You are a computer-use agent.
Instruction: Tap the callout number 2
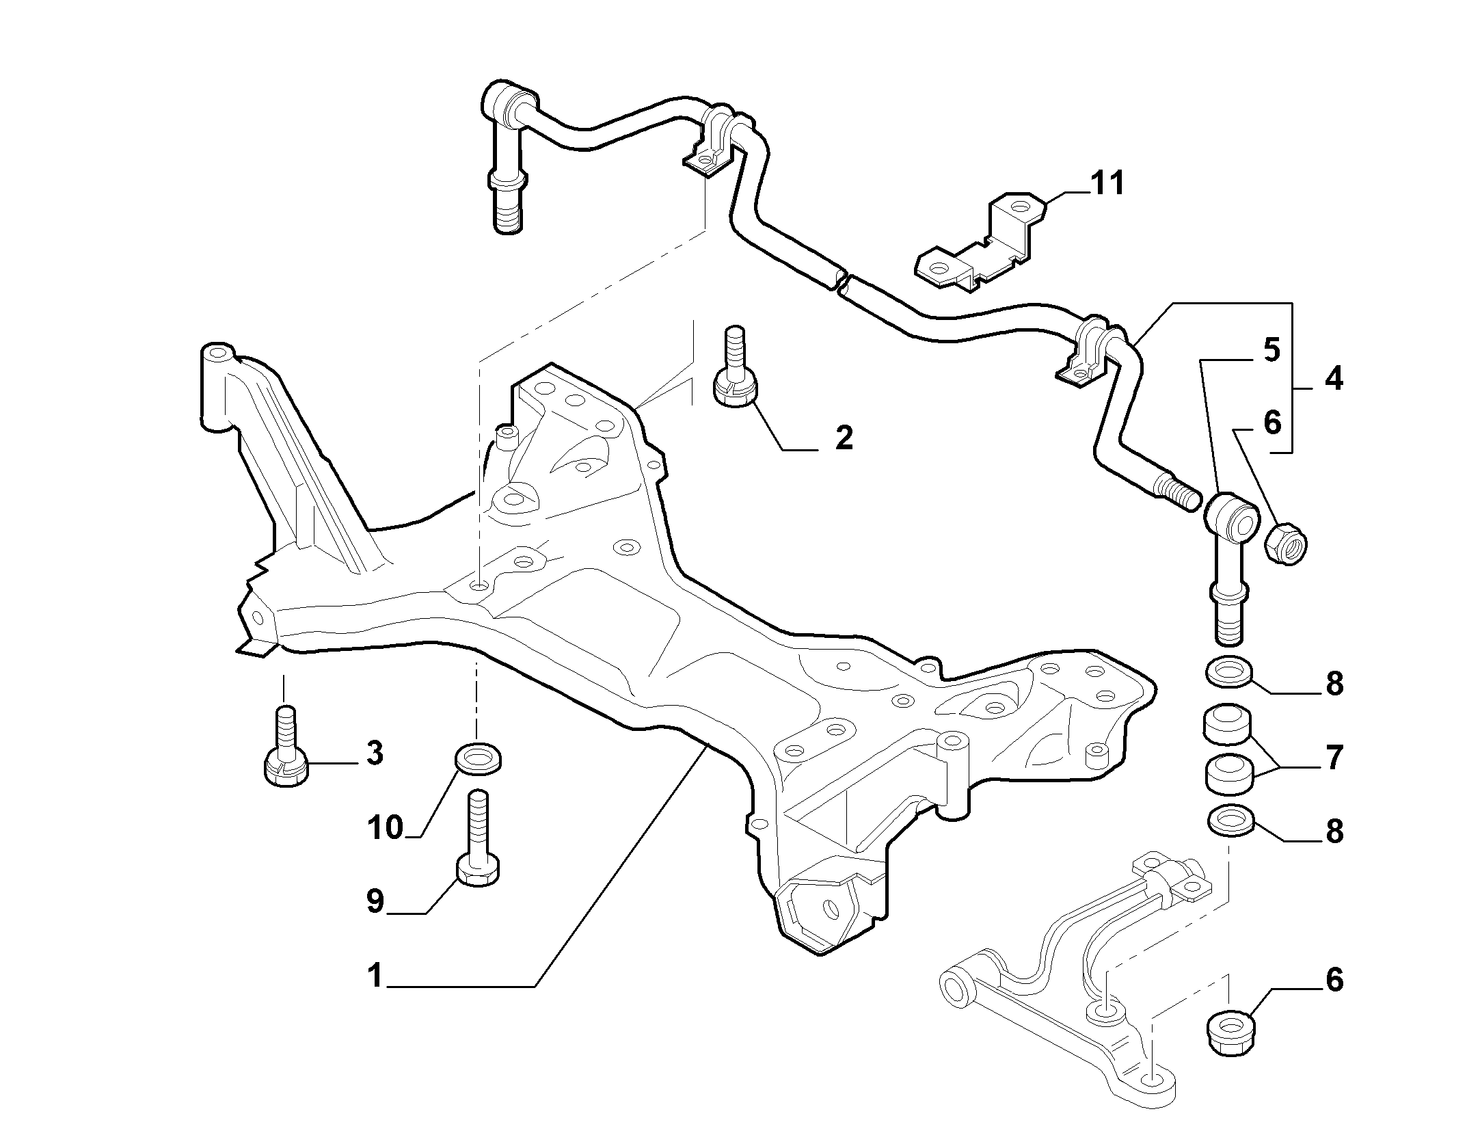click(844, 437)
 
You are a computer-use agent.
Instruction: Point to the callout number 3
click(374, 753)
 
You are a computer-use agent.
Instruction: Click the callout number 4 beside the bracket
click(1332, 378)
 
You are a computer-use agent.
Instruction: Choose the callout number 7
click(1334, 758)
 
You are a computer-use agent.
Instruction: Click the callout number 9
click(375, 901)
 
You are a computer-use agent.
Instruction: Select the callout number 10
click(386, 828)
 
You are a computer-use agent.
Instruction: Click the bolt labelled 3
click(286, 747)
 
